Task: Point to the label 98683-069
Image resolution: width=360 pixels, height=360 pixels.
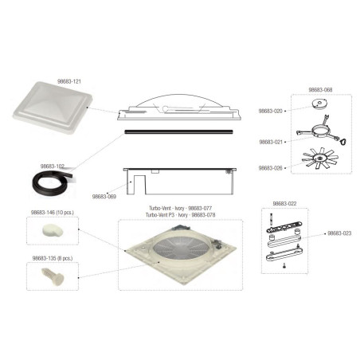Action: [104, 195]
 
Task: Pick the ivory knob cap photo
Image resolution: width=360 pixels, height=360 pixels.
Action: [52, 231]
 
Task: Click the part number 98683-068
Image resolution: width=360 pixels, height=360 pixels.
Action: [296, 91]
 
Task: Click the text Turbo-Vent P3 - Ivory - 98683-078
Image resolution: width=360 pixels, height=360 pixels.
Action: [178, 215]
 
